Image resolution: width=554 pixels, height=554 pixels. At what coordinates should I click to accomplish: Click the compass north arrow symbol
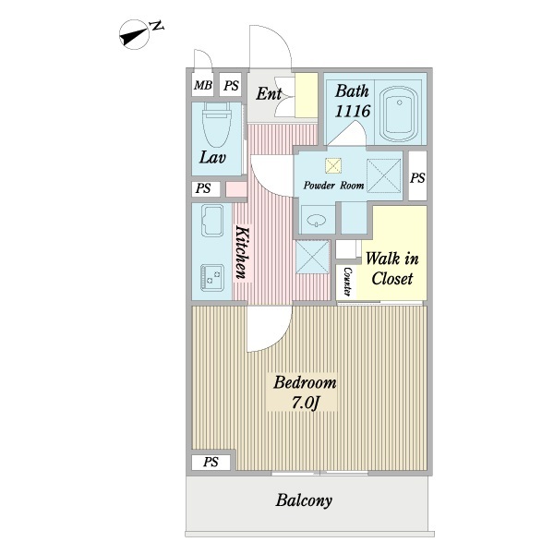(134, 35)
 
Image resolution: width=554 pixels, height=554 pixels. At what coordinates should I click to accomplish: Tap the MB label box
(203, 85)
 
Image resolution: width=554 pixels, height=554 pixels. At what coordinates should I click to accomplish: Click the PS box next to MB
(231, 85)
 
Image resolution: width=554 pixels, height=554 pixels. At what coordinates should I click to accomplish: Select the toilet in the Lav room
(217, 125)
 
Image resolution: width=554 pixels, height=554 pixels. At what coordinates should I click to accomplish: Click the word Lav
(212, 157)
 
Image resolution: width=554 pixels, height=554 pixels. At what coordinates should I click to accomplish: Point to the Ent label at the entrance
(269, 93)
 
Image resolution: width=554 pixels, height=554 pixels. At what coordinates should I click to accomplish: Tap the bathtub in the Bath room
(399, 114)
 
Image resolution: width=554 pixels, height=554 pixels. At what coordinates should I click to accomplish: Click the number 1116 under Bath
(353, 112)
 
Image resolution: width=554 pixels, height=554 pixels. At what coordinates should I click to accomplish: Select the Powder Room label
(333, 186)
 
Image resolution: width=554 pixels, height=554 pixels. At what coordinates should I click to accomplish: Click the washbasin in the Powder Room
(317, 221)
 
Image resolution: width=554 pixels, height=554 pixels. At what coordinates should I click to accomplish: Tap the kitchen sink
(212, 221)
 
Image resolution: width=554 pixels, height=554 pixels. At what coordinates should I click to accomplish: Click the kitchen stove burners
(212, 277)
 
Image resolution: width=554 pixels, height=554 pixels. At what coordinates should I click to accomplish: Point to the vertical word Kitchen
(242, 252)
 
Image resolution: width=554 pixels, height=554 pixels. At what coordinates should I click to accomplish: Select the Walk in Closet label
(391, 268)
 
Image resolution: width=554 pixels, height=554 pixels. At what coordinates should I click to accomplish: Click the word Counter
(347, 282)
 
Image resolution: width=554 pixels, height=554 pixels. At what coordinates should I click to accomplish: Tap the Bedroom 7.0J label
(305, 392)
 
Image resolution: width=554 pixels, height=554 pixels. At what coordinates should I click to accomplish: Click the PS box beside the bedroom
(211, 462)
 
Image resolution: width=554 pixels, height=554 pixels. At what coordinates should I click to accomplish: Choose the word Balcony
(304, 500)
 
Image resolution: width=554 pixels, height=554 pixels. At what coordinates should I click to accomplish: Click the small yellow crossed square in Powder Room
(333, 165)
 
